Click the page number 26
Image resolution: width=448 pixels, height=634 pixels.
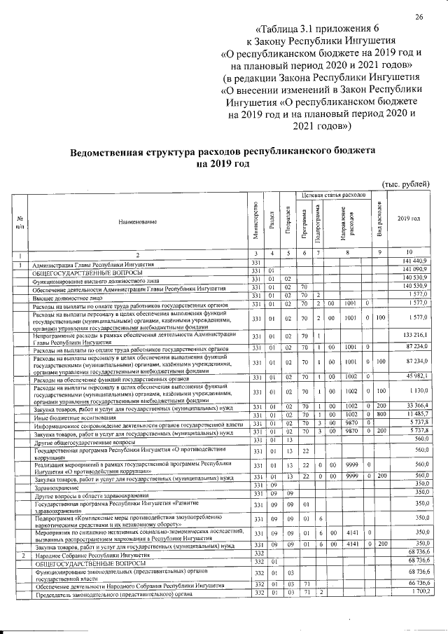(420, 17)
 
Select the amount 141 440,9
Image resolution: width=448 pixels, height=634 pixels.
(408, 262)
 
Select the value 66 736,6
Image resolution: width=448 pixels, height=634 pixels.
(408, 584)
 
